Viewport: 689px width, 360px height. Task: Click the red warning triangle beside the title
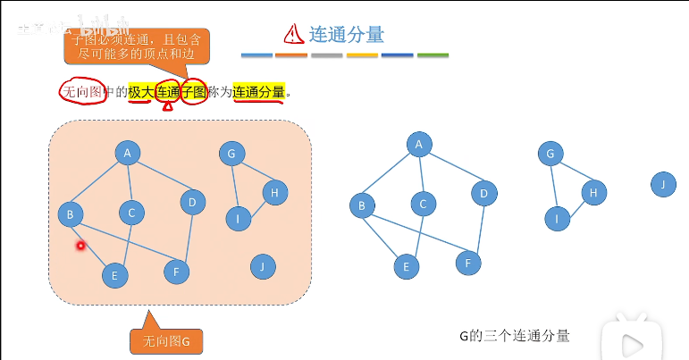[294, 34]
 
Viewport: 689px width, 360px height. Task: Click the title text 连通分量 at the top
[347, 35]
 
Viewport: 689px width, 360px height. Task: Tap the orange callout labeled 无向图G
[166, 339]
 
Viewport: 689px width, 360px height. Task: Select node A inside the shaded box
[128, 154]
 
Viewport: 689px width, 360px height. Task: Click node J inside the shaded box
[262, 265]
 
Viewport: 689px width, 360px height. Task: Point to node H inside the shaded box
[275, 192]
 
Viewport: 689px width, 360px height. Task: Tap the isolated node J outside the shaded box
[663, 186]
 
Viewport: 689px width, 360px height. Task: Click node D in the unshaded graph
[483, 193]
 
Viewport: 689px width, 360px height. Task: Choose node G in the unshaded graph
[550, 155]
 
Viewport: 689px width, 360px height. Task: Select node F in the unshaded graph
[468, 263]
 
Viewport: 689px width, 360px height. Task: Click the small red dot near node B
[80, 245]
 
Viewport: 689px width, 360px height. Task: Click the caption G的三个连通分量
[514, 336]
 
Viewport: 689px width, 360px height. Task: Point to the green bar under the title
[433, 55]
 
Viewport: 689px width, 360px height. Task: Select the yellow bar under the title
[362, 55]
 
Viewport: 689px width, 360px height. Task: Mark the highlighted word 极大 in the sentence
[140, 91]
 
